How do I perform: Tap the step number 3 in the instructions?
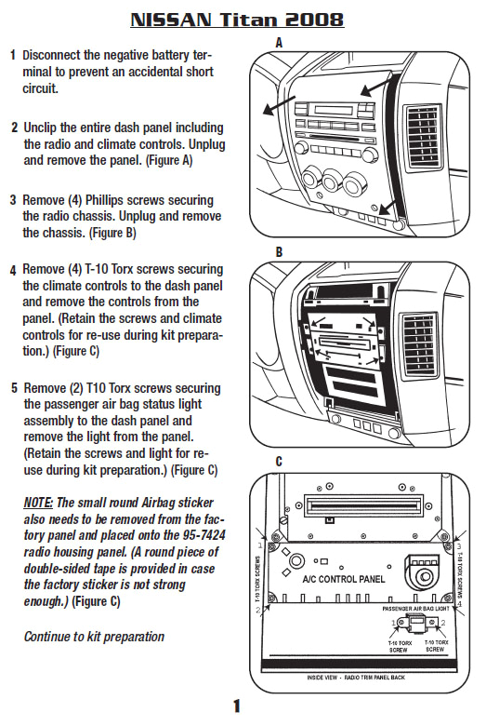(13, 200)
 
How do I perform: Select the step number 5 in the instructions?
(13, 387)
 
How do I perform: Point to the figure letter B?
(279, 252)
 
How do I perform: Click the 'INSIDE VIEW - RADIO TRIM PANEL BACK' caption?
(363, 703)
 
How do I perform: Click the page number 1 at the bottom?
(237, 706)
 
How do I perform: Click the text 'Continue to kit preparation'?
(94, 637)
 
